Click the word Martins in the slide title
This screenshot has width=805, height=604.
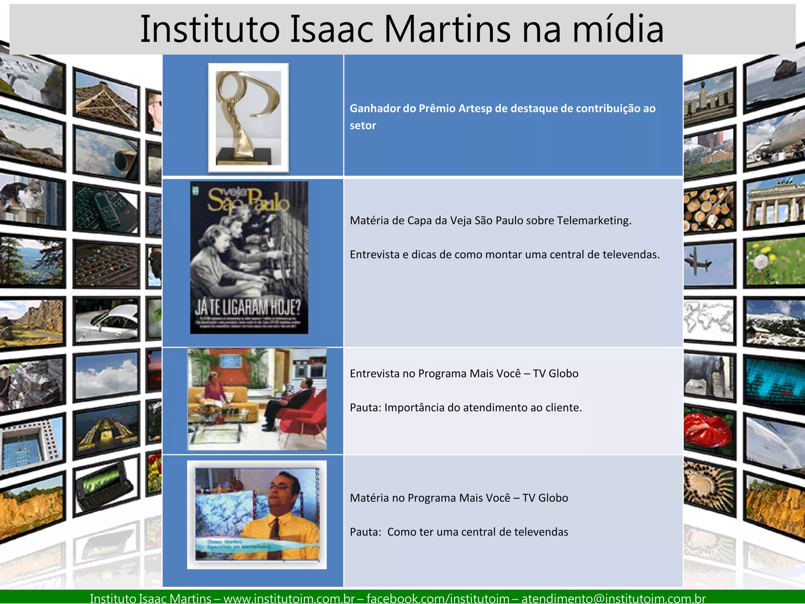pos(447,29)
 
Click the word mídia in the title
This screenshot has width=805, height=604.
pos(618,29)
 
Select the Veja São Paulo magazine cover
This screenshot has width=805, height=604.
pos(249,257)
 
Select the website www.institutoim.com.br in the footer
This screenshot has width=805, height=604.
pos(289,598)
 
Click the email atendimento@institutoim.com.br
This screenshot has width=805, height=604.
pos(614,598)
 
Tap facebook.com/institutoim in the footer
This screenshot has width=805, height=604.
pos(438,598)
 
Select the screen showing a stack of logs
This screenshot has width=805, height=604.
pos(709,209)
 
